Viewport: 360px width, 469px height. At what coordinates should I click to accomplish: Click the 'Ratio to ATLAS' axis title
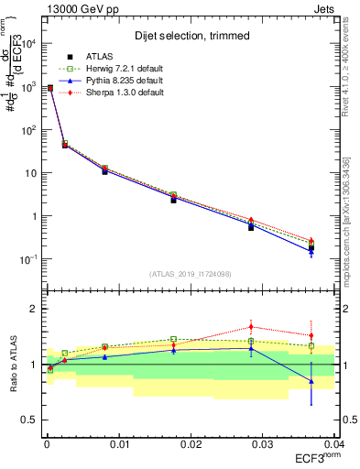click(x=14, y=365)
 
